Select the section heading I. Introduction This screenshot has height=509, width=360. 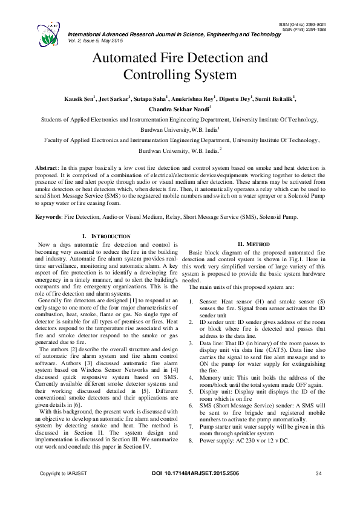point(105,235)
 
